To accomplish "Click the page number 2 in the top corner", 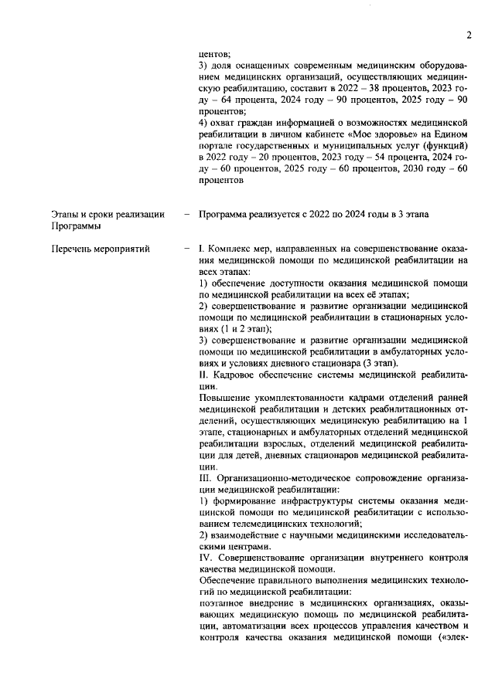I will pyautogui.click(x=469, y=34).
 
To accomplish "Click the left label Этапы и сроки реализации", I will pyautogui.click(x=108, y=214).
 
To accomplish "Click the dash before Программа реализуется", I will pyautogui.click(x=187, y=214).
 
